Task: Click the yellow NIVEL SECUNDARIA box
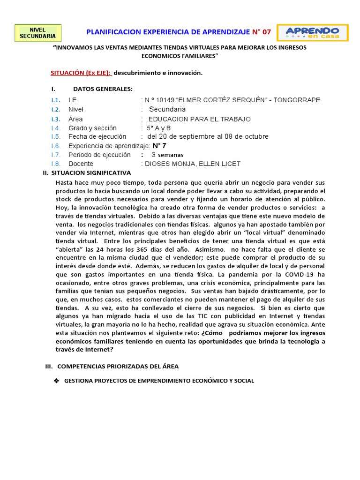[x=37, y=33]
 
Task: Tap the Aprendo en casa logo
[x=312, y=33]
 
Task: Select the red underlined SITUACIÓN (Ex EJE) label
[x=81, y=73]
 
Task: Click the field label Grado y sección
[x=92, y=128]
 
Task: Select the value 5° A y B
[x=159, y=128]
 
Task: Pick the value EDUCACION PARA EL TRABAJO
[x=199, y=119]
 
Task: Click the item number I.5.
[x=56, y=137]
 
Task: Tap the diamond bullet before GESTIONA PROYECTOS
[x=56, y=381]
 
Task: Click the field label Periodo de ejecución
[x=99, y=155]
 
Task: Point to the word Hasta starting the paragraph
[x=65, y=182]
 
